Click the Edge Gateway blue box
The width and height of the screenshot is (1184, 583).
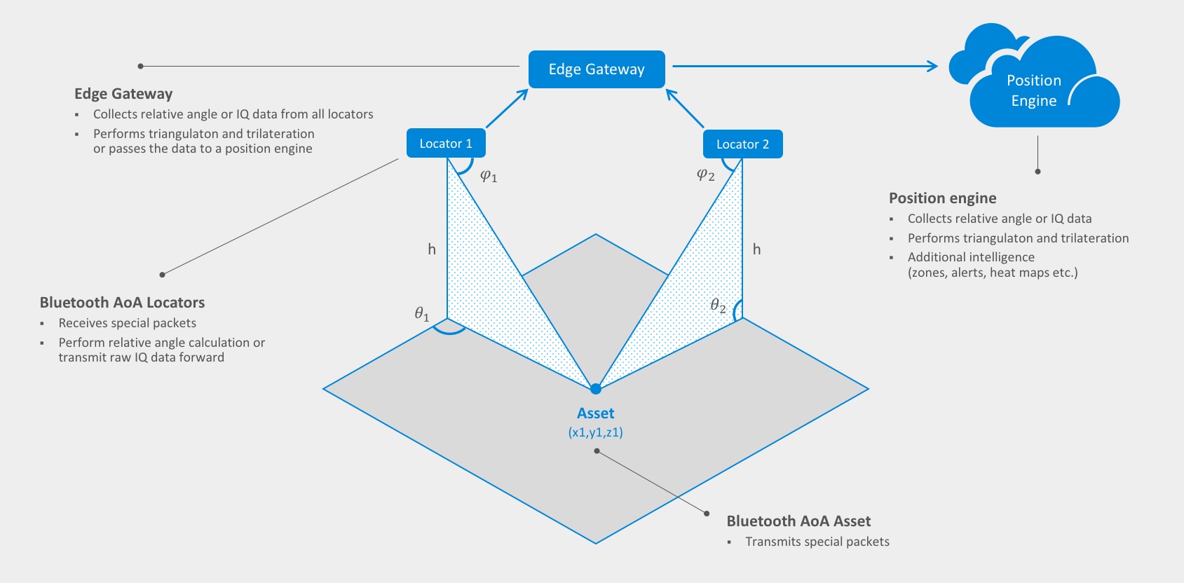(x=596, y=69)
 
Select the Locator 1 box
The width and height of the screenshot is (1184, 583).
(x=446, y=144)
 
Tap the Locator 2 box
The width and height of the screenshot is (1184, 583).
(x=742, y=144)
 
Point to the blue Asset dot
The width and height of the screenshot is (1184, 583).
(x=595, y=389)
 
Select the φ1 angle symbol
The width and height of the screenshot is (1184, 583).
(x=488, y=176)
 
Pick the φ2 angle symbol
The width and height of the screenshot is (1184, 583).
(x=705, y=174)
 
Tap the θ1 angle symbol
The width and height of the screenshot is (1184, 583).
(x=421, y=314)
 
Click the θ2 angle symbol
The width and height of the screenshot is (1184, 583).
(x=718, y=306)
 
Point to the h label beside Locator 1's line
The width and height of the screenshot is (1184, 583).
(x=432, y=249)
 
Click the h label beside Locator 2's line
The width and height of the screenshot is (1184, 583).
(x=756, y=249)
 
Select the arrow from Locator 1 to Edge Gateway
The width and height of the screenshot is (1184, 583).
(x=507, y=108)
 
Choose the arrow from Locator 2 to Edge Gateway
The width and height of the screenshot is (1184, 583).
(x=684, y=108)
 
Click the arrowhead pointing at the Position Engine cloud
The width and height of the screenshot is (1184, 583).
(x=932, y=66)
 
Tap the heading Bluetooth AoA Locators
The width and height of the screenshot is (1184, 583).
(x=122, y=303)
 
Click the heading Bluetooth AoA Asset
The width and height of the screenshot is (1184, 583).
(x=798, y=521)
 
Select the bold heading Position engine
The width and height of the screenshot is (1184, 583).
(x=942, y=198)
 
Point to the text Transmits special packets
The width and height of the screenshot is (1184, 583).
(x=817, y=542)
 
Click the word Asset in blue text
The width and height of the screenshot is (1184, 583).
(x=595, y=413)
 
